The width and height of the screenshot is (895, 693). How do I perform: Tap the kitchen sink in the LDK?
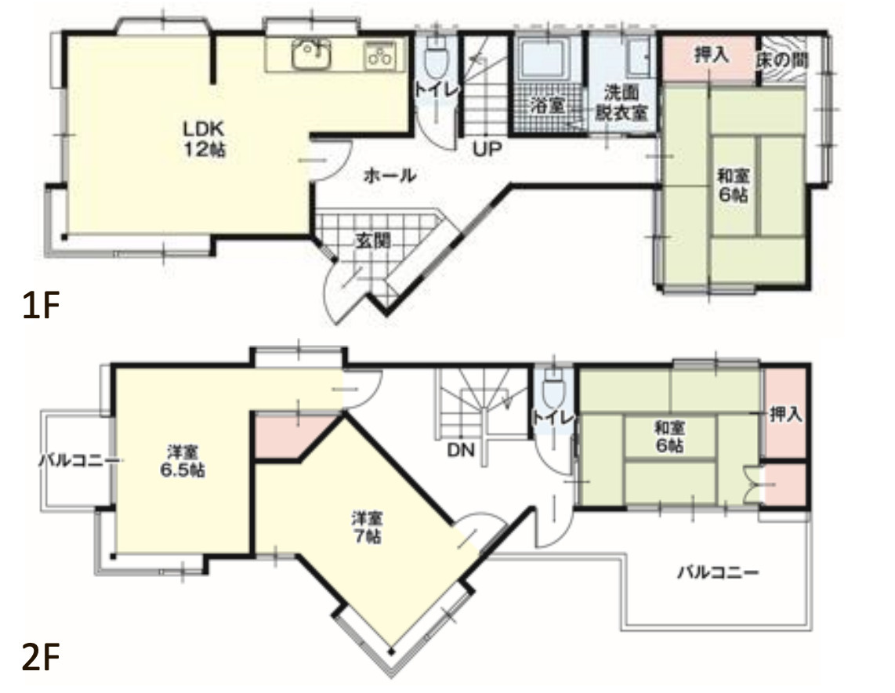[x=311, y=55]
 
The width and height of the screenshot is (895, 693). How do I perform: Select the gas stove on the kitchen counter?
[x=380, y=56]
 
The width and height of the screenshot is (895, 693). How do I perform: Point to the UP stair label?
[x=487, y=150]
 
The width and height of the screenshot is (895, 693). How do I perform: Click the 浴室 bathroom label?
[x=547, y=105]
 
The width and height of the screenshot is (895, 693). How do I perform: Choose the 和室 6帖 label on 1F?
[x=733, y=185]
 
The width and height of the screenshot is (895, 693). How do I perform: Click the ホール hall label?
[x=390, y=176]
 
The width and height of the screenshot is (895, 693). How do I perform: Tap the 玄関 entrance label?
[x=373, y=241]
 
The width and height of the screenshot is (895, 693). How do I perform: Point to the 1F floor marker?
[x=41, y=305]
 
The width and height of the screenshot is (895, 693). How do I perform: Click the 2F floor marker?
[x=41, y=657]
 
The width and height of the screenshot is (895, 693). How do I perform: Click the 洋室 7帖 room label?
[x=366, y=528]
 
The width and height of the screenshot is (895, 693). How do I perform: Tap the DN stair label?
[x=461, y=450]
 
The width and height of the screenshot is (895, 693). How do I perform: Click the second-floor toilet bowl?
[x=553, y=389]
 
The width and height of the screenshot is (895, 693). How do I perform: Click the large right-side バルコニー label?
[x=718, y=572]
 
